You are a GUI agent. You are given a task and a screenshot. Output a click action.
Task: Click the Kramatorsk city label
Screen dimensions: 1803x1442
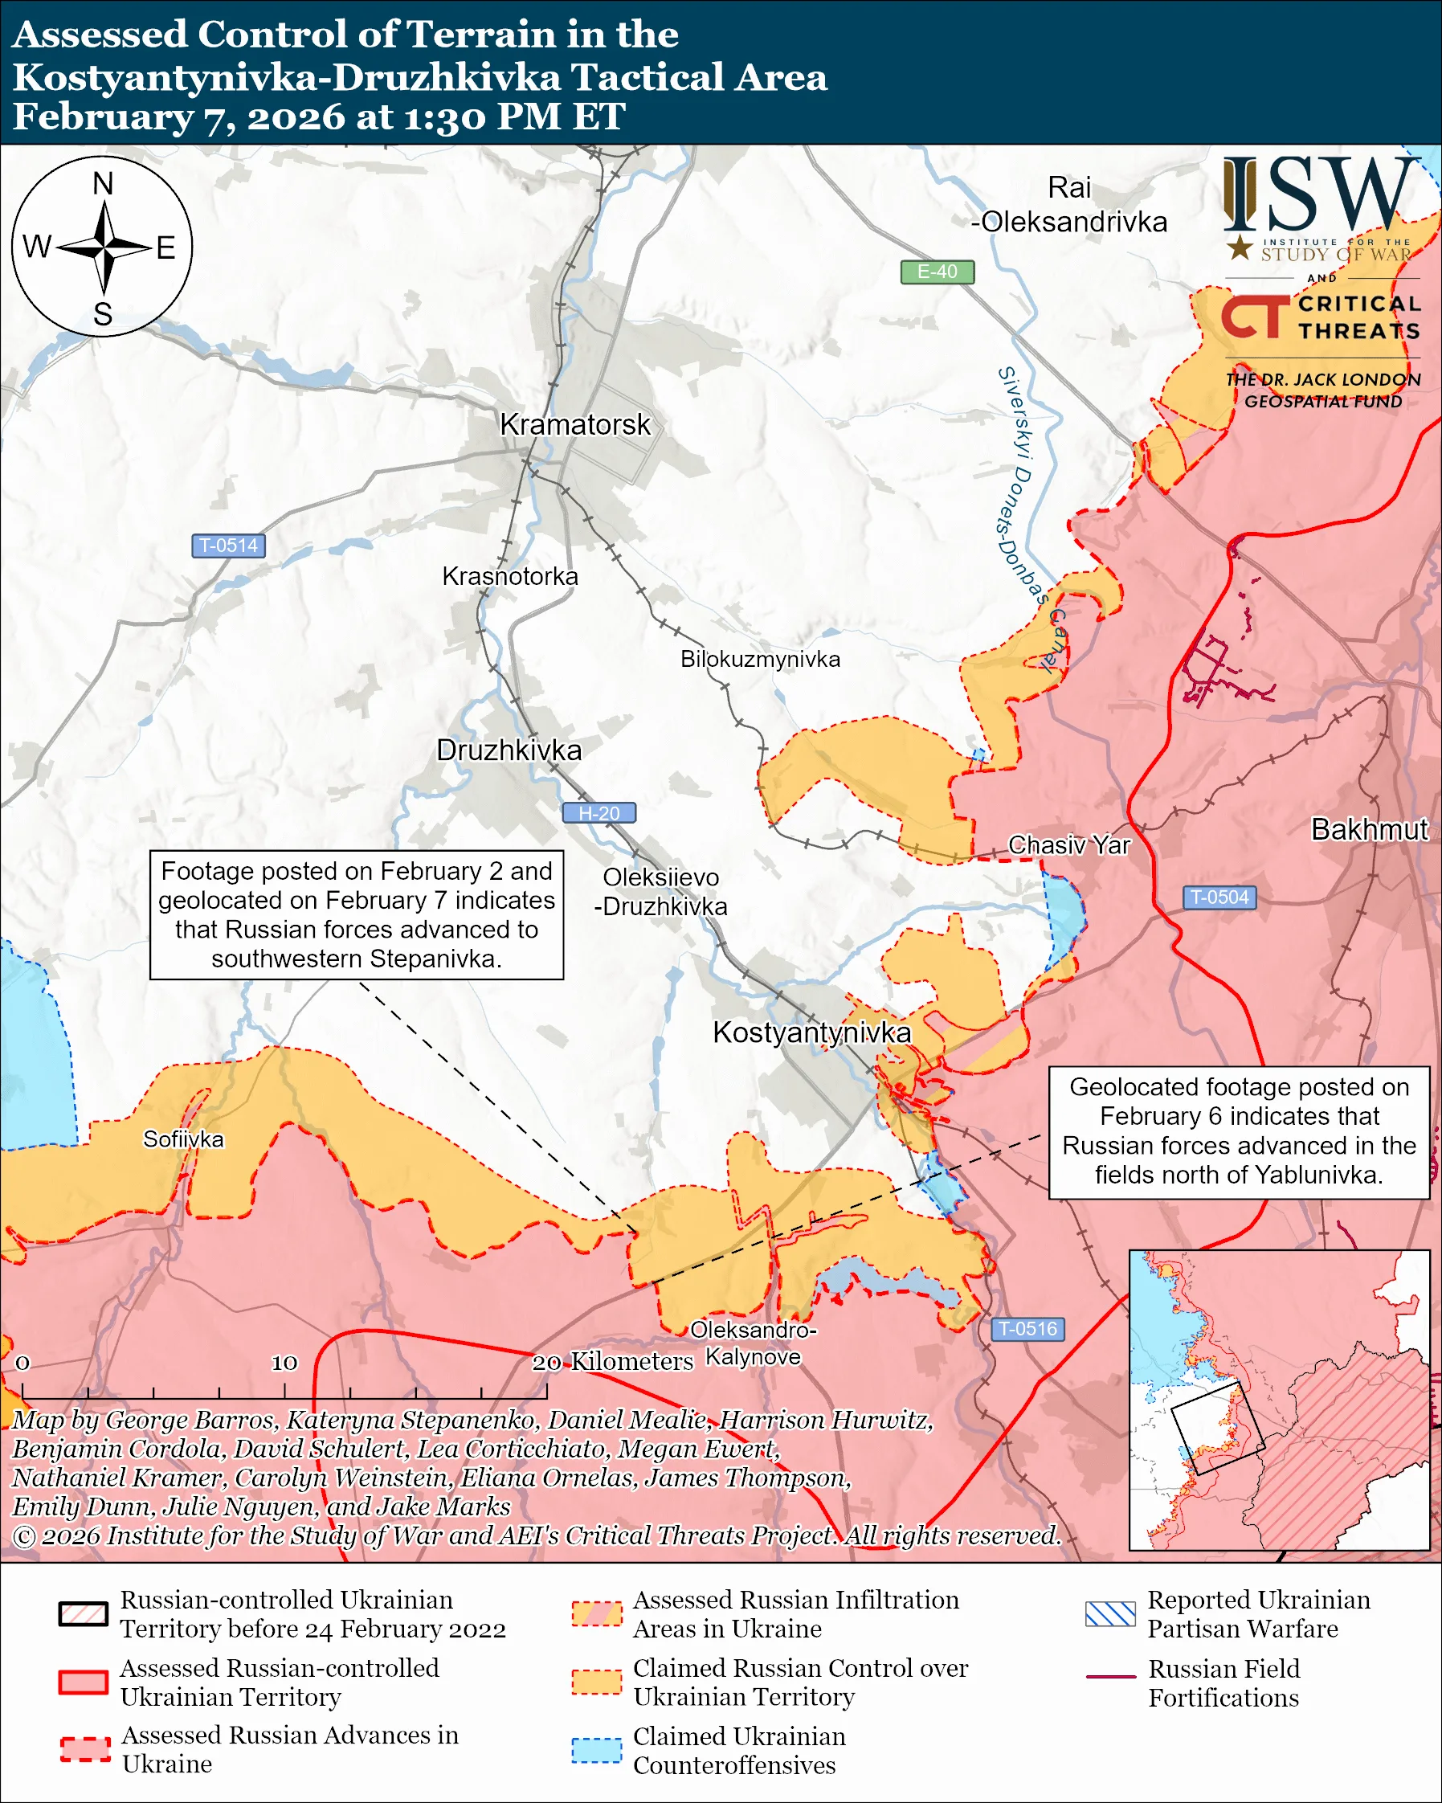574,425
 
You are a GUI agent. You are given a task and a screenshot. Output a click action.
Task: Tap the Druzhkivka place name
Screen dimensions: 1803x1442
509,750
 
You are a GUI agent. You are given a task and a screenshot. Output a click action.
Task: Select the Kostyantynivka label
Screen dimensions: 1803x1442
811,1032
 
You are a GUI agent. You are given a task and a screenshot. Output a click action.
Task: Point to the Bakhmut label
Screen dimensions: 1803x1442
1368,829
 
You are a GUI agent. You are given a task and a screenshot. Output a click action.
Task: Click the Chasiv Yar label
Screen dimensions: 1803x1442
1068,844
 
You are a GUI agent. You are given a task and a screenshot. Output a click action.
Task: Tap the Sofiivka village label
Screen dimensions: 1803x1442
183,1139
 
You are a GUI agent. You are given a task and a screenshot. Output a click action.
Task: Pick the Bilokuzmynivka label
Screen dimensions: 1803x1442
760,659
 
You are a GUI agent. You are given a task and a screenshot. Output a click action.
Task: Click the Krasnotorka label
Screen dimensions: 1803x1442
510,576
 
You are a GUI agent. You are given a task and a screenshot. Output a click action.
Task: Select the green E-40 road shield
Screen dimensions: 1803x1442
936,272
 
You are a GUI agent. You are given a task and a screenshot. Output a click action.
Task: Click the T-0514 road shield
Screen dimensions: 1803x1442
228,546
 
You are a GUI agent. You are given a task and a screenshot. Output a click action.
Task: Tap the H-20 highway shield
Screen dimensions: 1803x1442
598,813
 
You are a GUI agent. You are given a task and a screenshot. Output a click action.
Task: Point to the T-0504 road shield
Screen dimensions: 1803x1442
1219,897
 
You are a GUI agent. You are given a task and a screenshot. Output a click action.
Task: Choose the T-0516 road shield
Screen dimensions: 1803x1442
1027,1329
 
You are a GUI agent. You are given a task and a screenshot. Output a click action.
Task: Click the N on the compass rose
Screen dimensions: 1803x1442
103,184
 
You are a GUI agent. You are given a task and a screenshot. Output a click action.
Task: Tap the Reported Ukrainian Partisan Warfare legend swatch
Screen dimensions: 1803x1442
1110,1614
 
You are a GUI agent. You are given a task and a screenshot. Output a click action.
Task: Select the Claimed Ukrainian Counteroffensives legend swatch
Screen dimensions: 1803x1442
596,1750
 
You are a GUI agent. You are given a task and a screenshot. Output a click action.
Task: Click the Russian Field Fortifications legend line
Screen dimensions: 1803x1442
1110,1677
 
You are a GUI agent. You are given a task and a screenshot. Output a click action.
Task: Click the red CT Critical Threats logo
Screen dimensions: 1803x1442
1253,317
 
